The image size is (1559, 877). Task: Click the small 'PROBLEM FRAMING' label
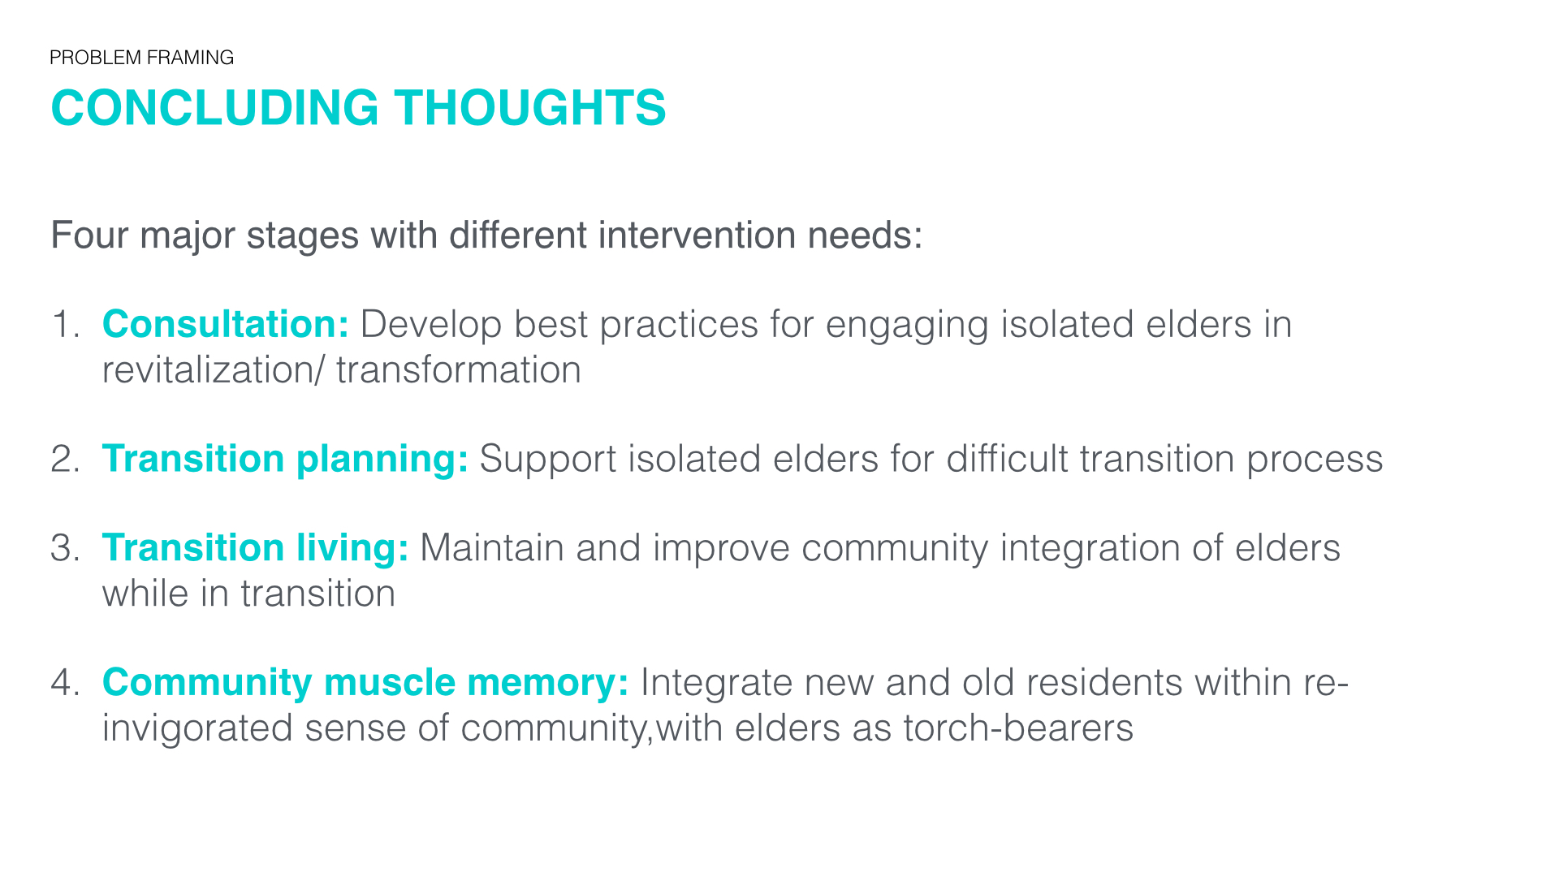coord(142,58)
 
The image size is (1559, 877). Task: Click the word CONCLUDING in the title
coord(215,107)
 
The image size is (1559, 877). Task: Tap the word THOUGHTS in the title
coord(530,107)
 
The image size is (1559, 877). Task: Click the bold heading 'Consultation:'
coord(226,324)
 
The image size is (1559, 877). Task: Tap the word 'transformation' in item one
coord(459,370)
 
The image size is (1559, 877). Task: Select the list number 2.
coord(65,459)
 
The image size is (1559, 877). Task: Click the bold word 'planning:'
coord(382,460)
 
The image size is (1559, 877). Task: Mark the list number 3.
coord(65,548)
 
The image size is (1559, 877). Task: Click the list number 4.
coord(65,682)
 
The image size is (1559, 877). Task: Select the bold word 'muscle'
coord(390,682)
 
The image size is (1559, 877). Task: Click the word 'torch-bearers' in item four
coord(1018,728)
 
